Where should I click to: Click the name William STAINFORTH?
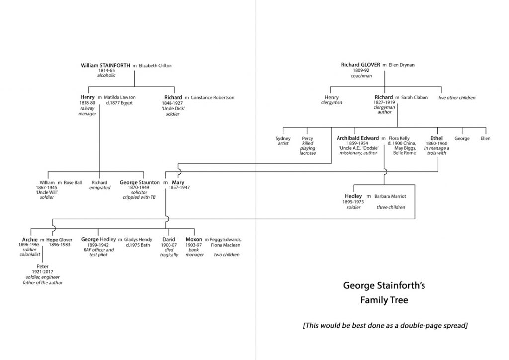(105, 65)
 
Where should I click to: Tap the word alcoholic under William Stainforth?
(106, 75)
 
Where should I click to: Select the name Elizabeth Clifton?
(155, 65)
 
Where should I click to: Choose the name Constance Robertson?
(212, 97)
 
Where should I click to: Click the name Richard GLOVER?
(361, 65)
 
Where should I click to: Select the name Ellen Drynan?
(401, 65)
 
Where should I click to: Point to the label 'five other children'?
(457, 98)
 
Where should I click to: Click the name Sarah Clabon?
(415, 97)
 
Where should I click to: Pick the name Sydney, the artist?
(283, 138)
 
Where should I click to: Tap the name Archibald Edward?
(358, 138)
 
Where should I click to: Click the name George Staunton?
(140, 182)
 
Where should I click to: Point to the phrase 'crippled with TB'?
(140, 198)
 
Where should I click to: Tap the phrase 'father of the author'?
(42, 282)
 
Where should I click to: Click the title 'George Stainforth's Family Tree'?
(384, 293)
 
